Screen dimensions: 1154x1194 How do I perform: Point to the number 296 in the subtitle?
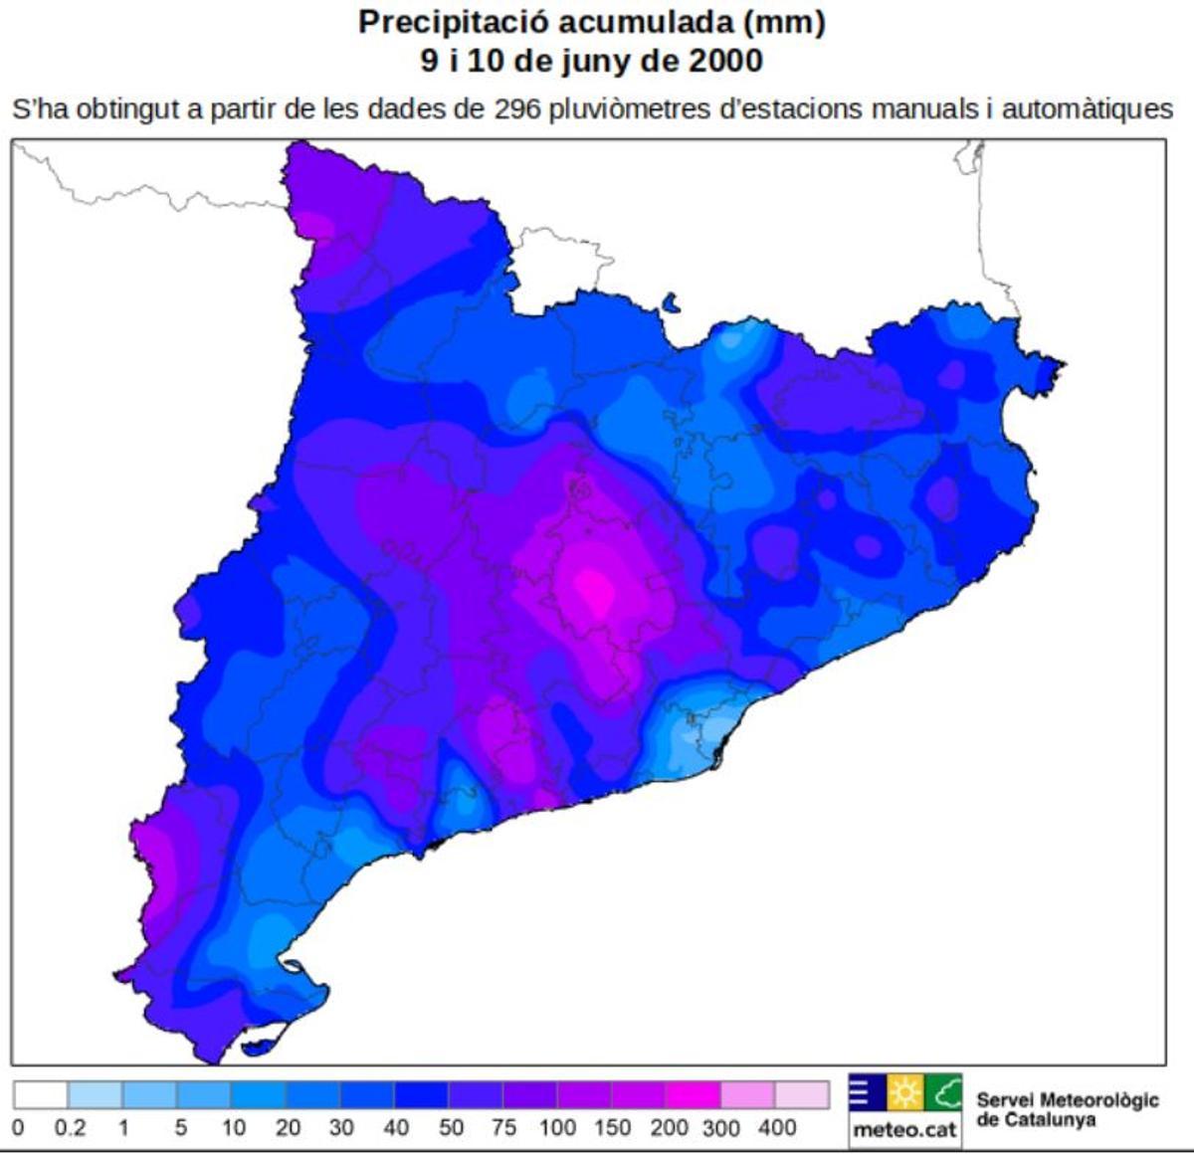click(517, 108)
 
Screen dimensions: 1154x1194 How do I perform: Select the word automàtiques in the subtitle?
click(1087, 108)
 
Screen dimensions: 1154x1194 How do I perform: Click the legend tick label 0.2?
click(70, 1128)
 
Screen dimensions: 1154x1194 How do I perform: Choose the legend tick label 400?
click(777, 1128)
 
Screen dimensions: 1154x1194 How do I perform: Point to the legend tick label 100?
click(557, 1128)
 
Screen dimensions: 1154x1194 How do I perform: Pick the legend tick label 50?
click(451, 1128)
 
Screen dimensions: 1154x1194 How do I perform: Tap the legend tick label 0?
click(17, 1128)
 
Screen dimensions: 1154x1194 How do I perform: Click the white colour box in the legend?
click(41, 1095)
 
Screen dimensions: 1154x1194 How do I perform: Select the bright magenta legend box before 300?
click(693, 1095)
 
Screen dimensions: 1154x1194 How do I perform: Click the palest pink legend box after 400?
click(802, 1095)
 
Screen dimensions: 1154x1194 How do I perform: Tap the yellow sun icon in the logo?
click(904, 1093)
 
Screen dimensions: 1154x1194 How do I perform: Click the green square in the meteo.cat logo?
click(943, 1093)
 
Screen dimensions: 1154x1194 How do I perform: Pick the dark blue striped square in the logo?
click(866, 1093)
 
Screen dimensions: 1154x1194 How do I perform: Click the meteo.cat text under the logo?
click(904, 1131)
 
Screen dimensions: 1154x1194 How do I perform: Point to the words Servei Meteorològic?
click(1067, 1100)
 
